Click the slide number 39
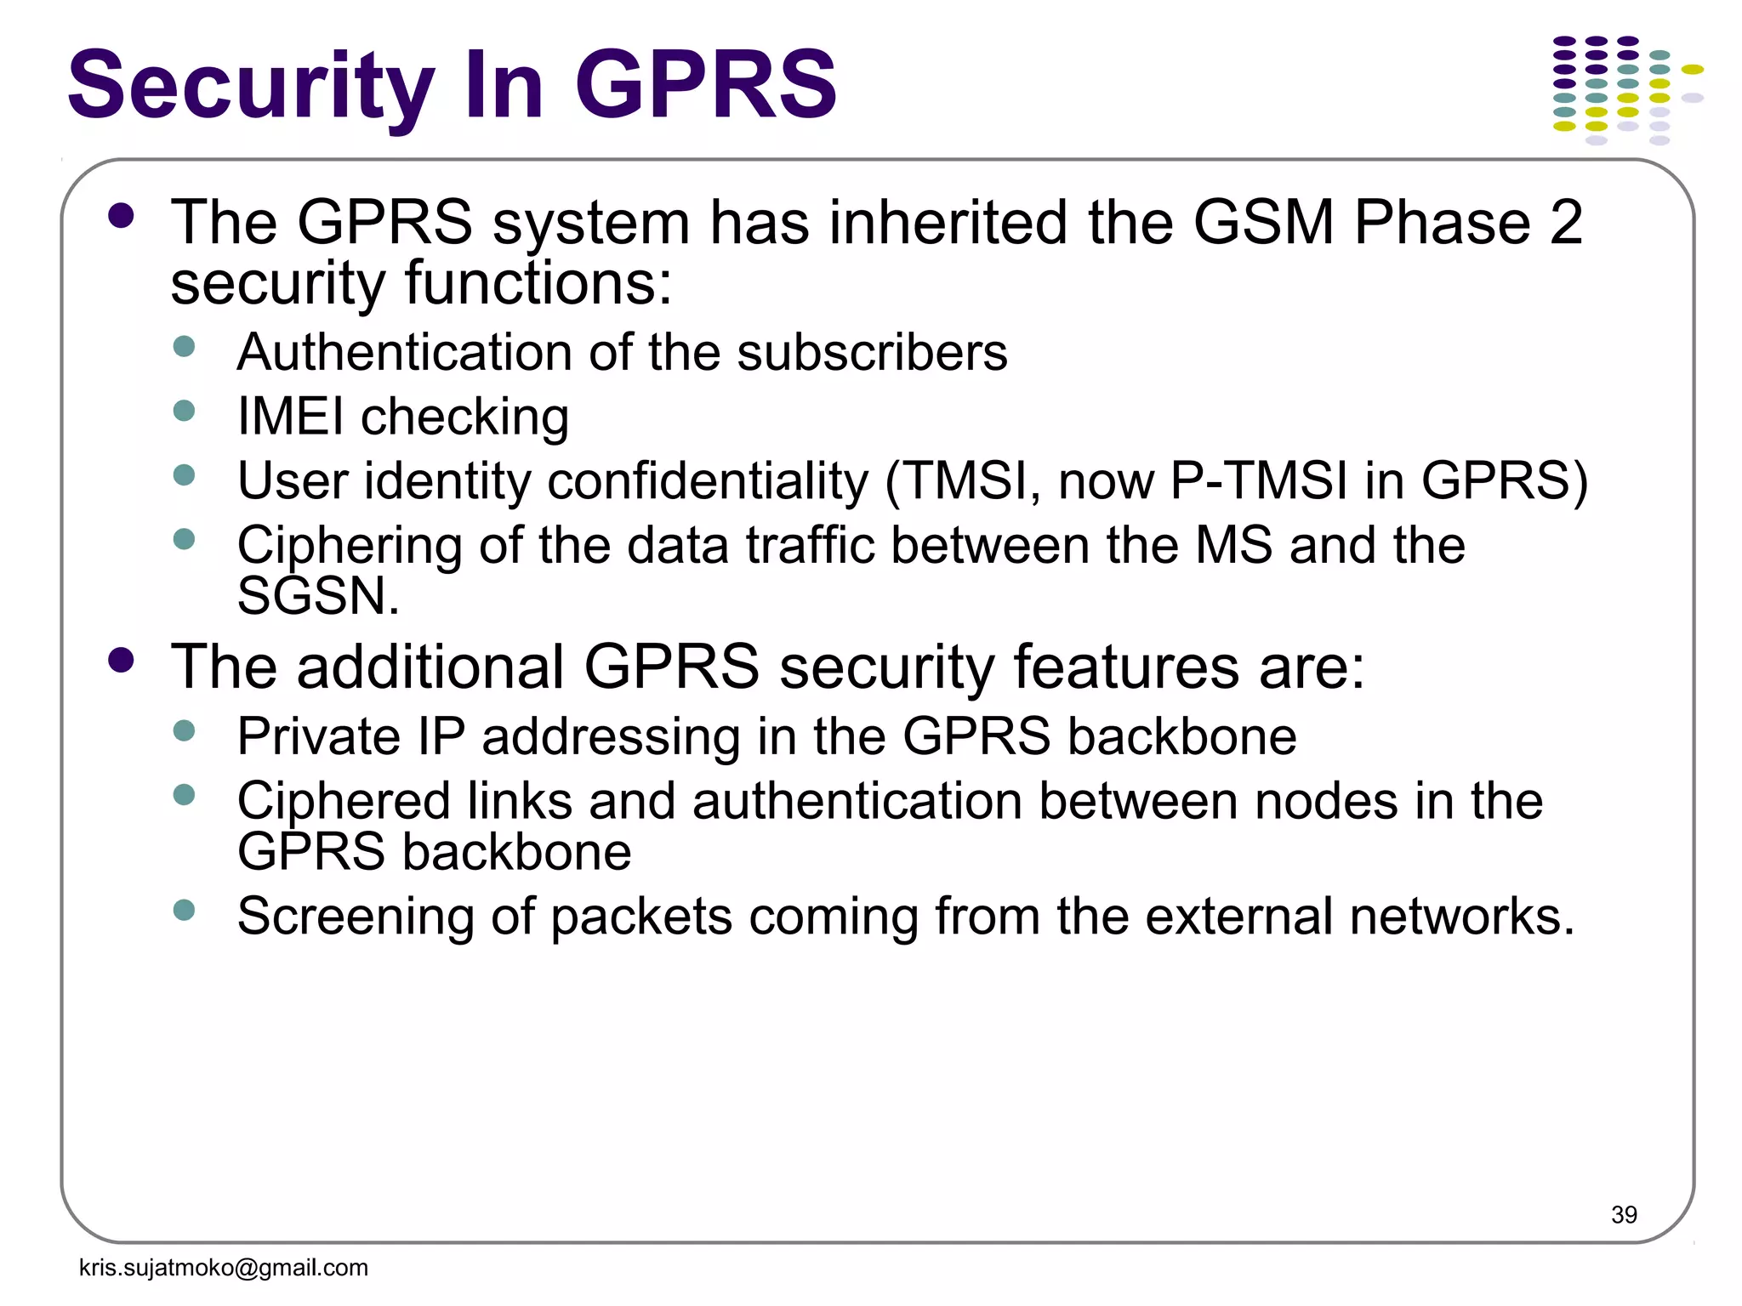click(1623, 1214)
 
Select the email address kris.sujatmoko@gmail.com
click(224, 1268)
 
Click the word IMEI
click(291, 417)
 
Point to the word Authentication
click(404, 352)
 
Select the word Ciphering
click(350, 545)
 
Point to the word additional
click(430, 667)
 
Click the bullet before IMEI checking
click(184, 412)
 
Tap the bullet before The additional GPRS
click(122, 660)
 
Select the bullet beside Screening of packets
click(184, 911)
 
